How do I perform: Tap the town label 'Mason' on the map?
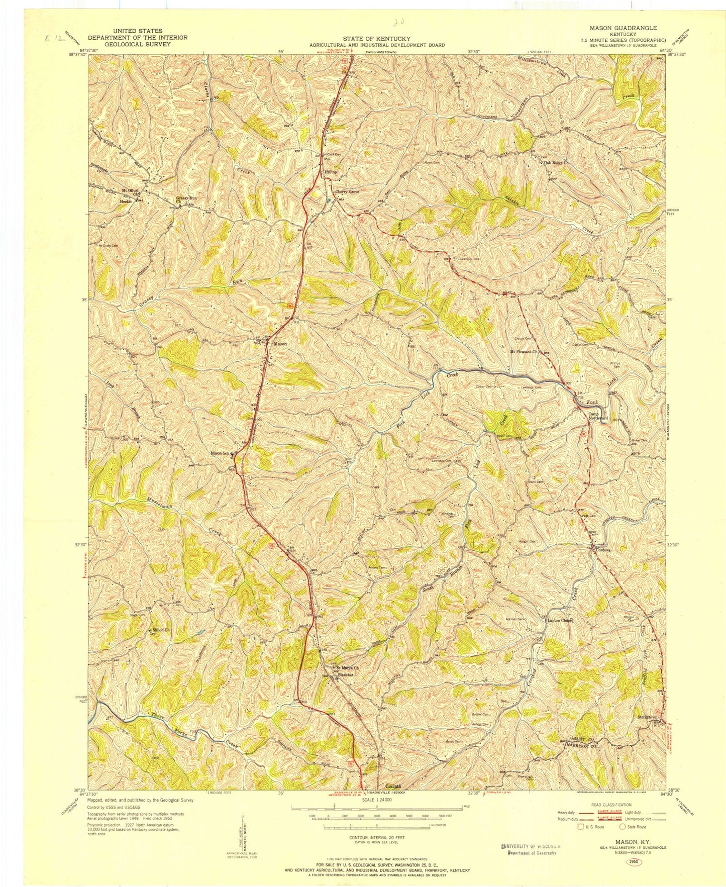click(x=280, y=344)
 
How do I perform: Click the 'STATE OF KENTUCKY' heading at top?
click(x=377, y=39)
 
